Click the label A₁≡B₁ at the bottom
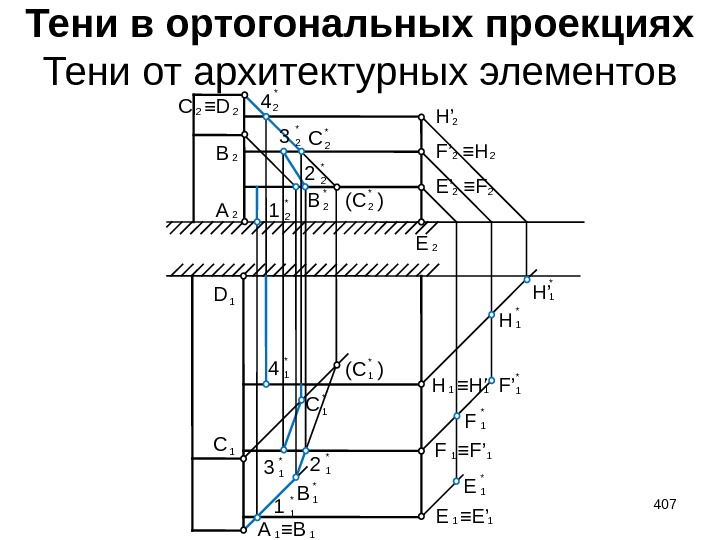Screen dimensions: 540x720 tap(287, 531)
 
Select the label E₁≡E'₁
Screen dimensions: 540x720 tap(466, 517)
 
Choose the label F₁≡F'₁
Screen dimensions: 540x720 tap(466, 451)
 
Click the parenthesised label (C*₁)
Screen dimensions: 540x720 tap(364, 369)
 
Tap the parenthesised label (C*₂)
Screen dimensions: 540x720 tap(364, 201)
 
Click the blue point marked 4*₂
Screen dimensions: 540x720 tap(265, 117)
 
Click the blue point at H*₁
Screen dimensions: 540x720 tap(491, 315)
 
